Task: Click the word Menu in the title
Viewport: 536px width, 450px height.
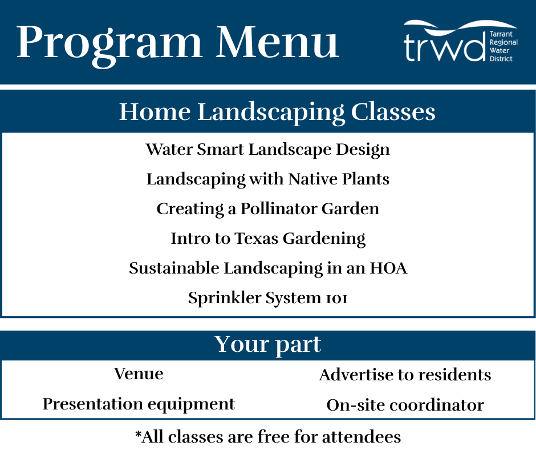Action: point(278,42)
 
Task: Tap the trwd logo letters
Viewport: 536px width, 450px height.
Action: point(444,47)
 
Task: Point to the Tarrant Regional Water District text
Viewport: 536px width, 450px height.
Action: point(503,46)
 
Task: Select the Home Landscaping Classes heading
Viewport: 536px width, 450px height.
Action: point(277,112)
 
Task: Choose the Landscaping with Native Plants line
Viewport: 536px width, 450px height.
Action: point(268,179)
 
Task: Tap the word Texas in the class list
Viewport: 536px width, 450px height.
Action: point(257,238)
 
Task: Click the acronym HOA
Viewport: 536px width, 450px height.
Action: point(389,268)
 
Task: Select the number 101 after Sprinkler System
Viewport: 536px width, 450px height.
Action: point(336,299)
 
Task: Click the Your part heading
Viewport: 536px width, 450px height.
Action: point(267,344)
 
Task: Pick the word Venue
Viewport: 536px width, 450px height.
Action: point(139,373)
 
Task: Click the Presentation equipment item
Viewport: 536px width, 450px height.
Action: point(139,404)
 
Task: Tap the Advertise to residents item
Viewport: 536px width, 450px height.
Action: point(405,375)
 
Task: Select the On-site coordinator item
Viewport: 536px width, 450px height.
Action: point(405,405)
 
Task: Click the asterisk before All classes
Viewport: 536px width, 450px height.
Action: point(138,434)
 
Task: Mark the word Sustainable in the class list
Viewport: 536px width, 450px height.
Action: point(174,268)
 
